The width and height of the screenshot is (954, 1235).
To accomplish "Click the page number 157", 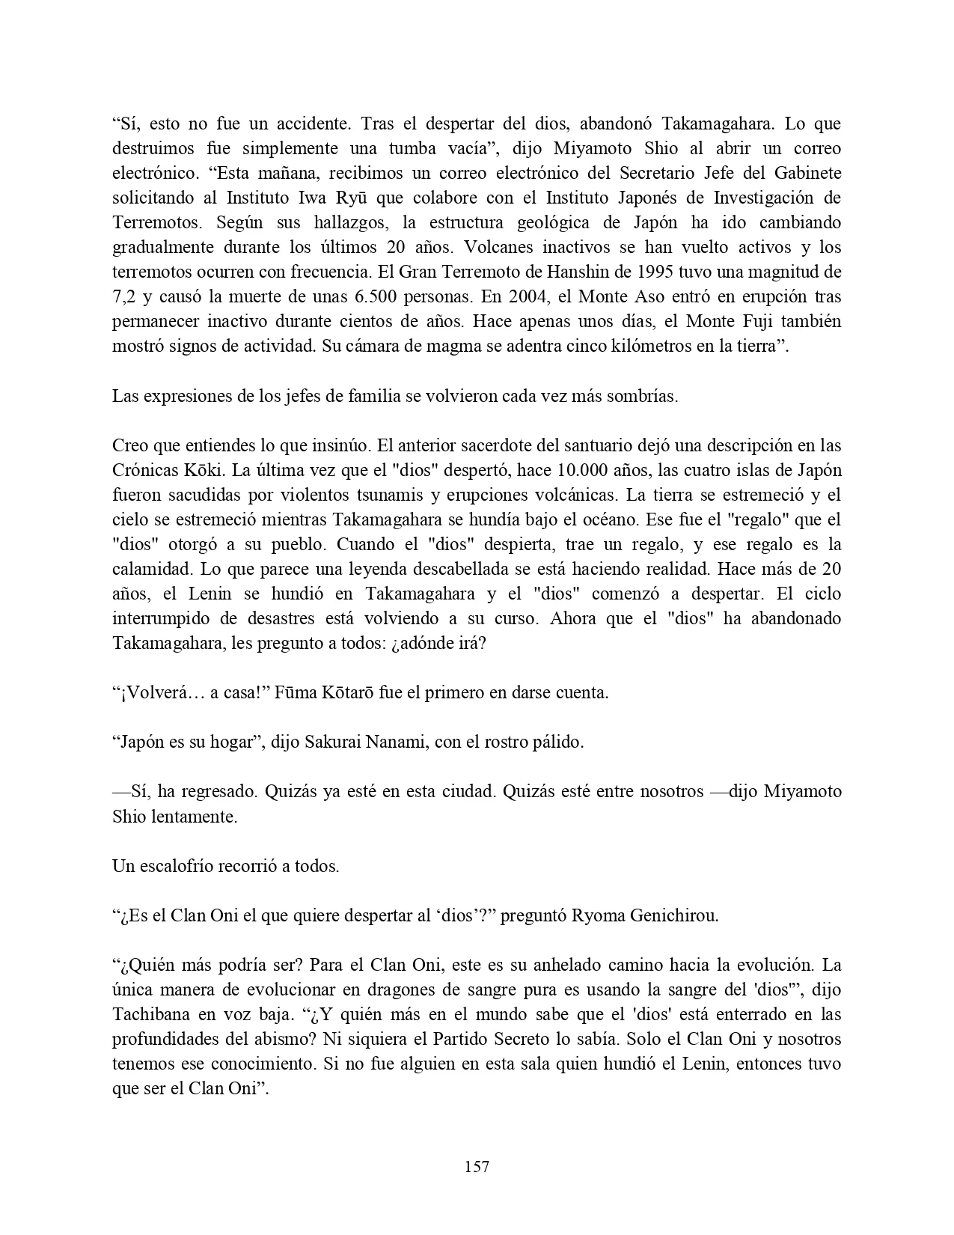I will [477, 1166].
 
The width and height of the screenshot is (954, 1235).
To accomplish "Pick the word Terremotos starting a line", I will [152, 222].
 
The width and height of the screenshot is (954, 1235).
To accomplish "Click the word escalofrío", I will [177, 867].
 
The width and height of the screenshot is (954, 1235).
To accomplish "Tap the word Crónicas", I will [144, 470].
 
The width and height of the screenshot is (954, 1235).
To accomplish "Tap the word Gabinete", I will [805, 173].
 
